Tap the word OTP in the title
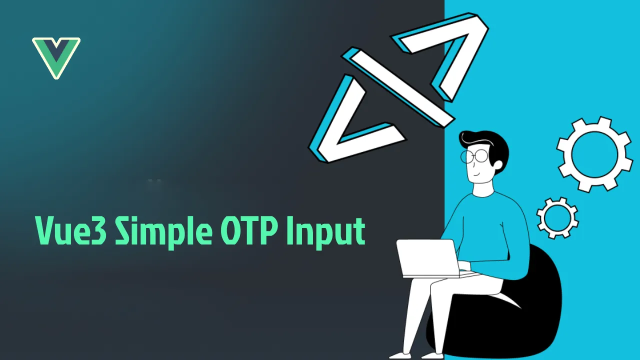pyautogui.click(x=249, y=230)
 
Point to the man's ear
pyautogui.click(x=497, y=165)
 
